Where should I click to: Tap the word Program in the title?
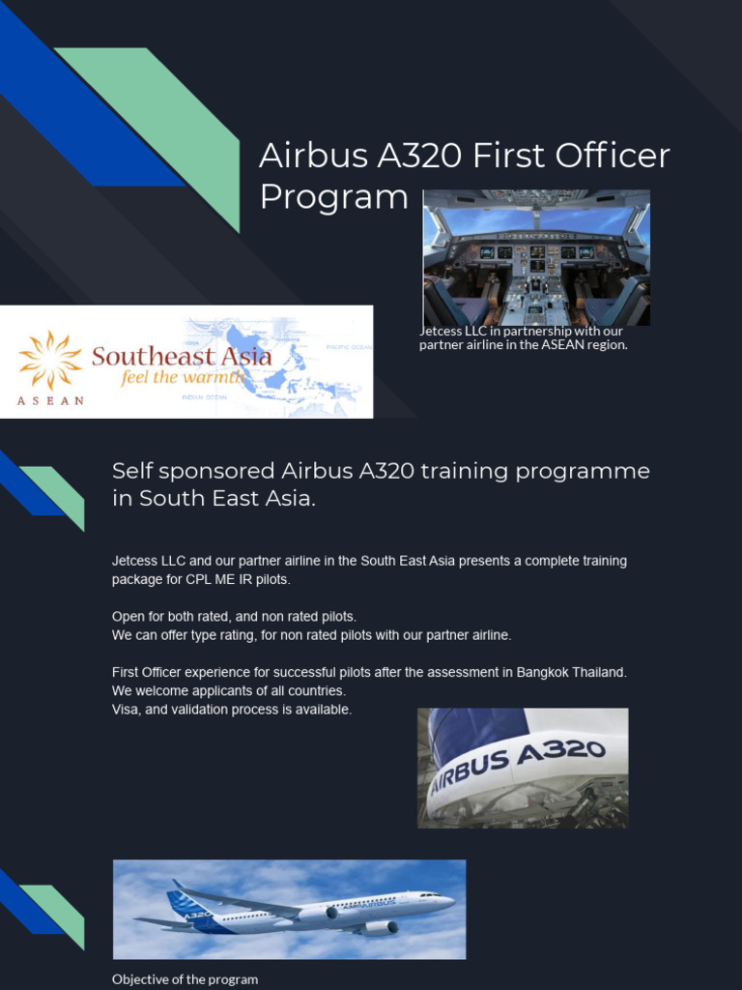[x=334, y=197]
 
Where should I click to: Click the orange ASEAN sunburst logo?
[x=50, y=360]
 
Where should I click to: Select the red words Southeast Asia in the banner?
[x=182, y=356]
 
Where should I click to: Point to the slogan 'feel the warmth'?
[x=183, y=377]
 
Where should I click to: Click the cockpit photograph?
[x=536, y=257]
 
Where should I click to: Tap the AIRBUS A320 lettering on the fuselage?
[x=518, y=766]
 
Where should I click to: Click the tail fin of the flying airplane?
[x=185, y=901]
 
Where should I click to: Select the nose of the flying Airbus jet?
[x=448, y=901]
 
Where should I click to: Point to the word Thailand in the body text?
[x=599, y=672]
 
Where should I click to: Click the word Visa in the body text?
[x=126, y=710]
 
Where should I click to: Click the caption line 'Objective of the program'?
[x=185, y=979]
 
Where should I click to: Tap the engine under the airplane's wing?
[x=379, y=927]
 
